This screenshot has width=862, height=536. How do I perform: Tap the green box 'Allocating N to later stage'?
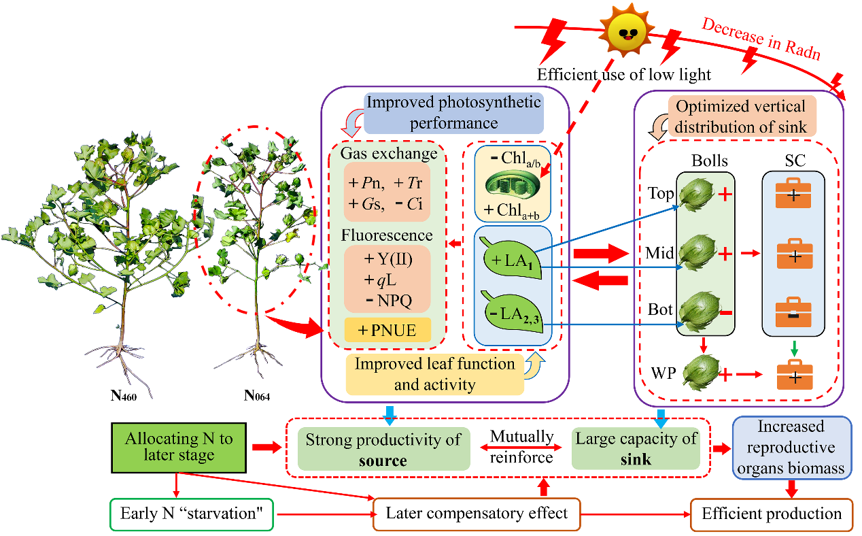point(179,447)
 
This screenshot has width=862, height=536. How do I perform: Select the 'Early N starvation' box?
point(191,514)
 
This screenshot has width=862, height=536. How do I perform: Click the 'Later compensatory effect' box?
point(477,514)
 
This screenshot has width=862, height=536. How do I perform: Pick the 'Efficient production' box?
point(772,514)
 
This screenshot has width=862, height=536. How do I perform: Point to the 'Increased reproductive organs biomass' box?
point(791,447)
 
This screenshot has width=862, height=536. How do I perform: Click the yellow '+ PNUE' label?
point(387,330)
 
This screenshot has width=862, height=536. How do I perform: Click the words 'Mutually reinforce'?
point(521,447)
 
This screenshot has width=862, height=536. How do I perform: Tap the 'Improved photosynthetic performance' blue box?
point(453,113)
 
